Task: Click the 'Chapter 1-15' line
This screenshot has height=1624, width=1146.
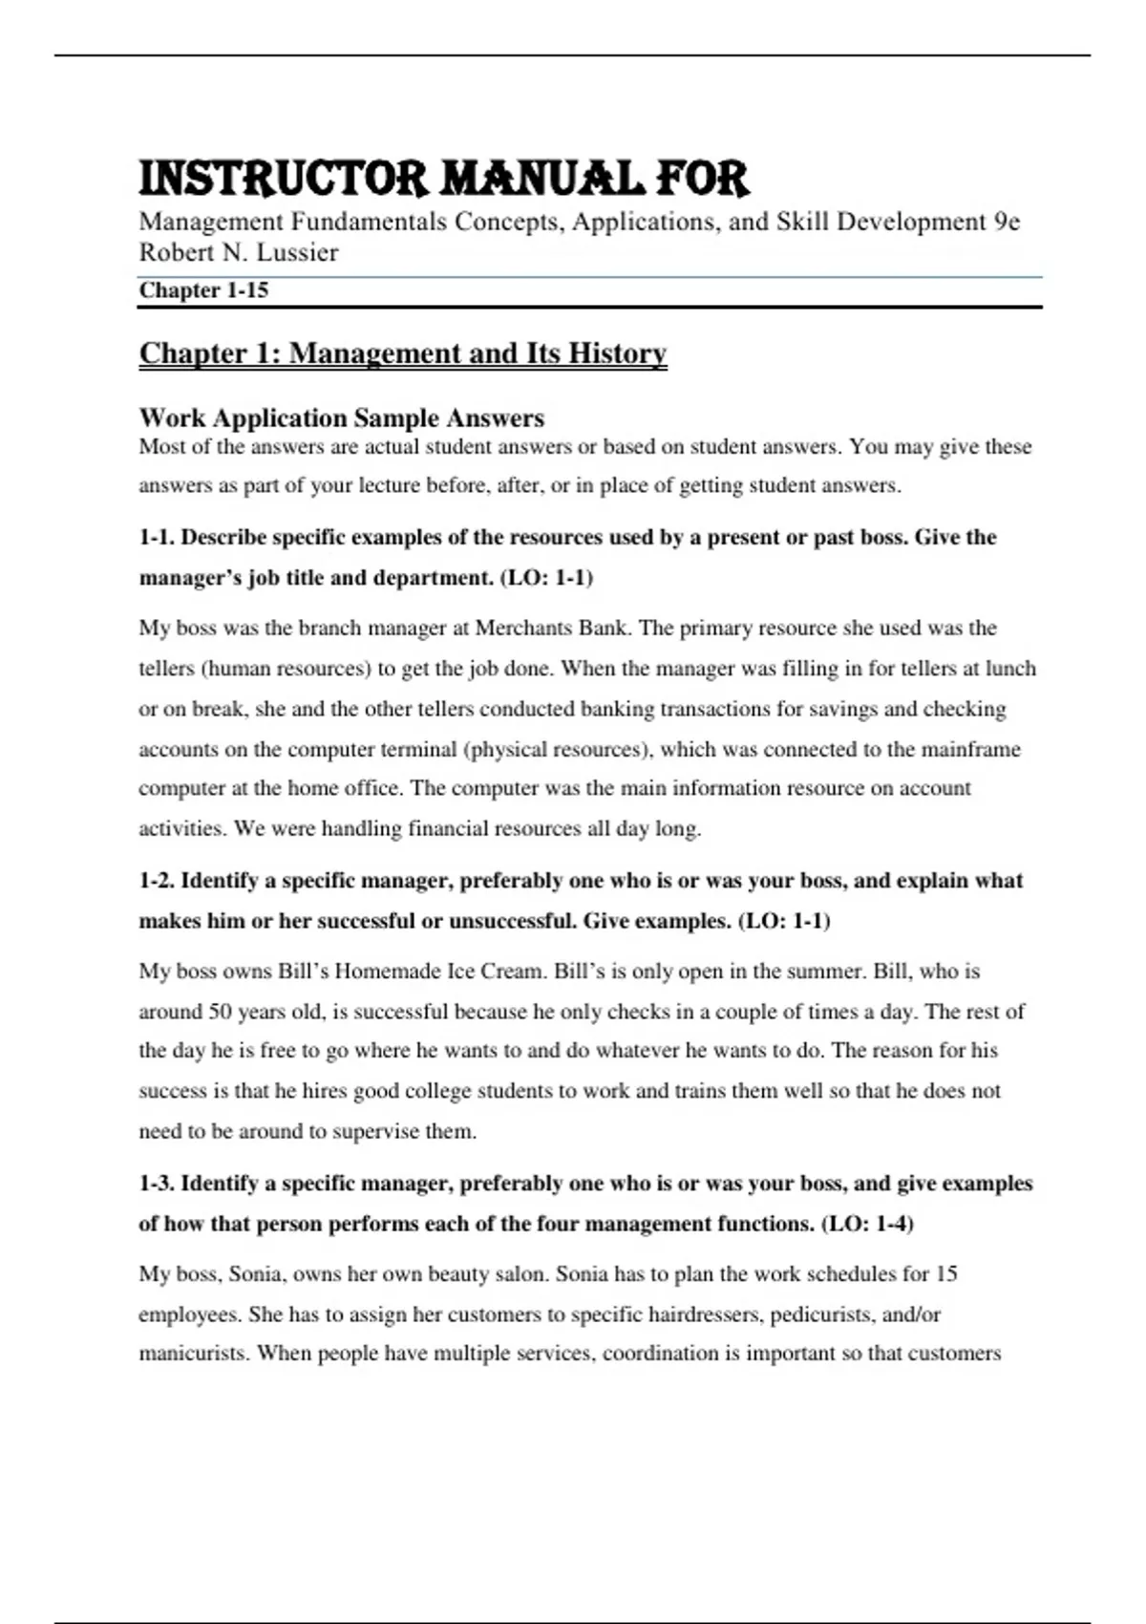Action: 203,290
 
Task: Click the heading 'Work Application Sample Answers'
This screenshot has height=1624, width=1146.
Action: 342,418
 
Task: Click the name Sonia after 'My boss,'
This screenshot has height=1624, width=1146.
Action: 255,1274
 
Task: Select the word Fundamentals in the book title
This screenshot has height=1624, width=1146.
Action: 369,222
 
